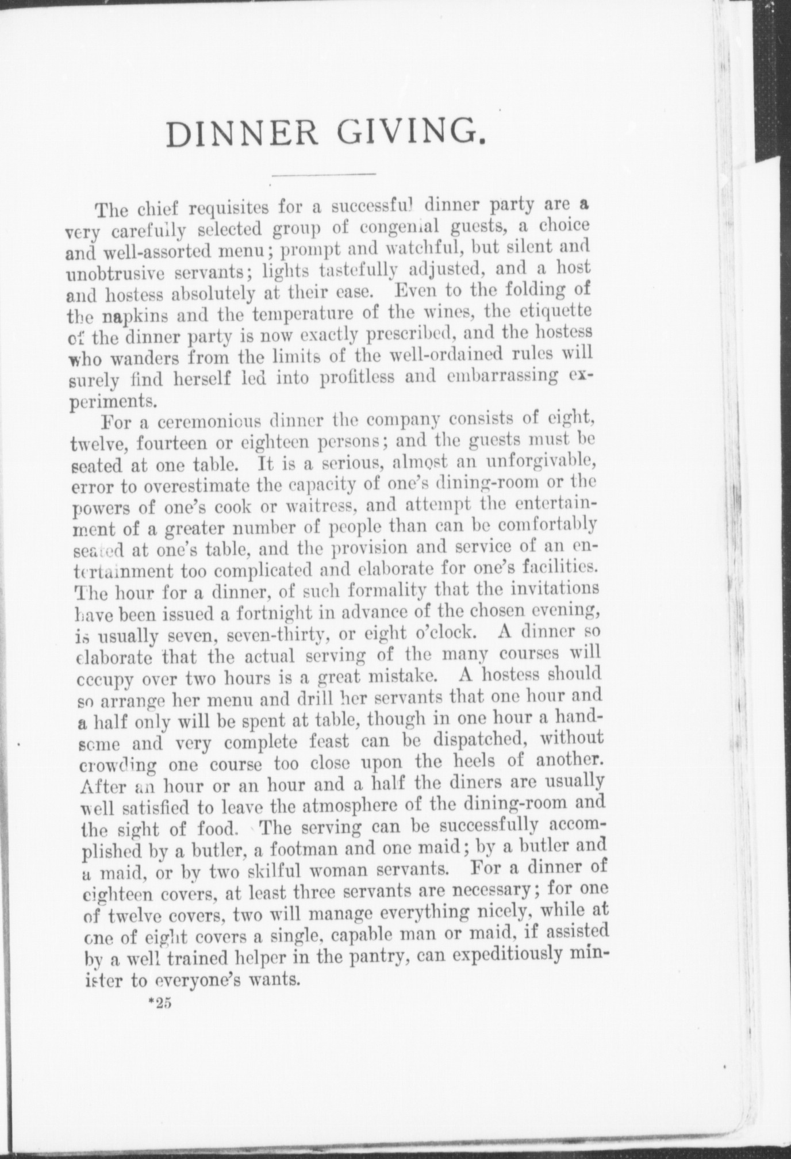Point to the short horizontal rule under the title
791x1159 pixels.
click(323, 174)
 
